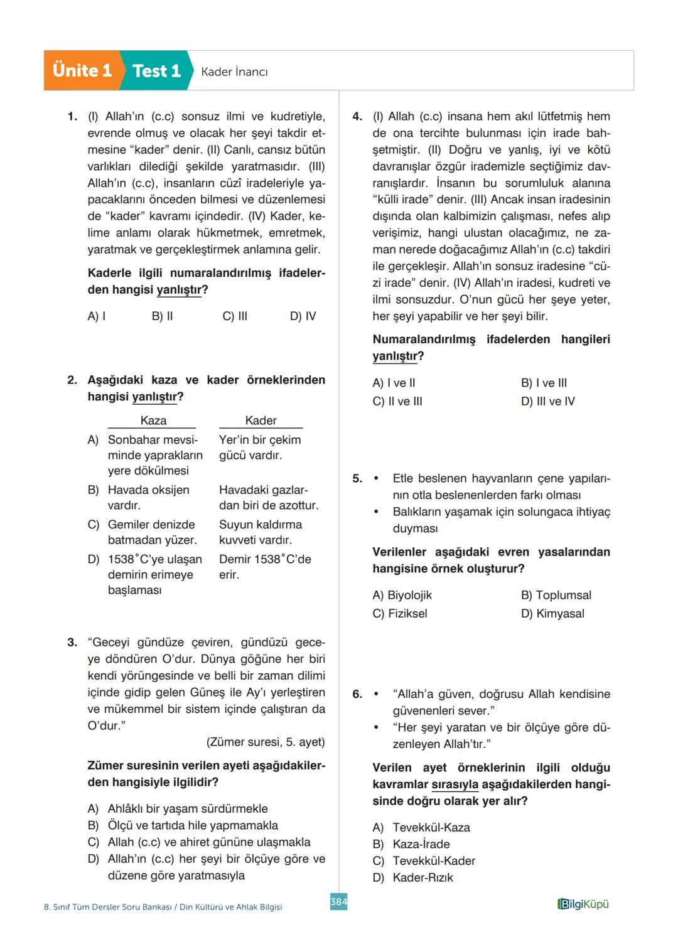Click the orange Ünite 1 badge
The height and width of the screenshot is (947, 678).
pos(82,70)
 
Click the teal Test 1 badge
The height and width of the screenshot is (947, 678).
pos(156,71)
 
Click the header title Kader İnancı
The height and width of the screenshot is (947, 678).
pos(234,72)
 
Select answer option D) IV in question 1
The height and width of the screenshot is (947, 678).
pos(303,316)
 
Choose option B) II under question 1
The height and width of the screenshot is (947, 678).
pos(162,316)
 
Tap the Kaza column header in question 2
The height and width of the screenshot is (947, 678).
pos(153,420)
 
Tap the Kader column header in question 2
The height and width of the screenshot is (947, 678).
pos(261,420)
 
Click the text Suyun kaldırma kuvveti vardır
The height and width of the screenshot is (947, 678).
pos(260,532)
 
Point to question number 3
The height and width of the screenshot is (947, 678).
pos(72,642)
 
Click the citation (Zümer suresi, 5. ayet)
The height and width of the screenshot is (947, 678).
pos(266,742)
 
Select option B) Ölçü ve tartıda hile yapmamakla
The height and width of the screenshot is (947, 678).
pos(183,825)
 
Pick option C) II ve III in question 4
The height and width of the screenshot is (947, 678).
pos(397,401)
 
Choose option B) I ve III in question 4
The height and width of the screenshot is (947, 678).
pos(544,383)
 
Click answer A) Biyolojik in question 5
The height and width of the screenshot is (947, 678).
pos(402,595)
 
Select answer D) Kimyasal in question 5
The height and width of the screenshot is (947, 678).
pos(552,613)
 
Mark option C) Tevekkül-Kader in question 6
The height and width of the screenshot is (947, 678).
pos(424,860)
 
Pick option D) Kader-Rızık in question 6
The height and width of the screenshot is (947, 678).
pos(413,877)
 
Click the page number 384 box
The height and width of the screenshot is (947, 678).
pos(338,902)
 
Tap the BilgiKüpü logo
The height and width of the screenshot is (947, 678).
pos(583,904)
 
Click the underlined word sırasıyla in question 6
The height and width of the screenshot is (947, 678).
pos(455,784)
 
